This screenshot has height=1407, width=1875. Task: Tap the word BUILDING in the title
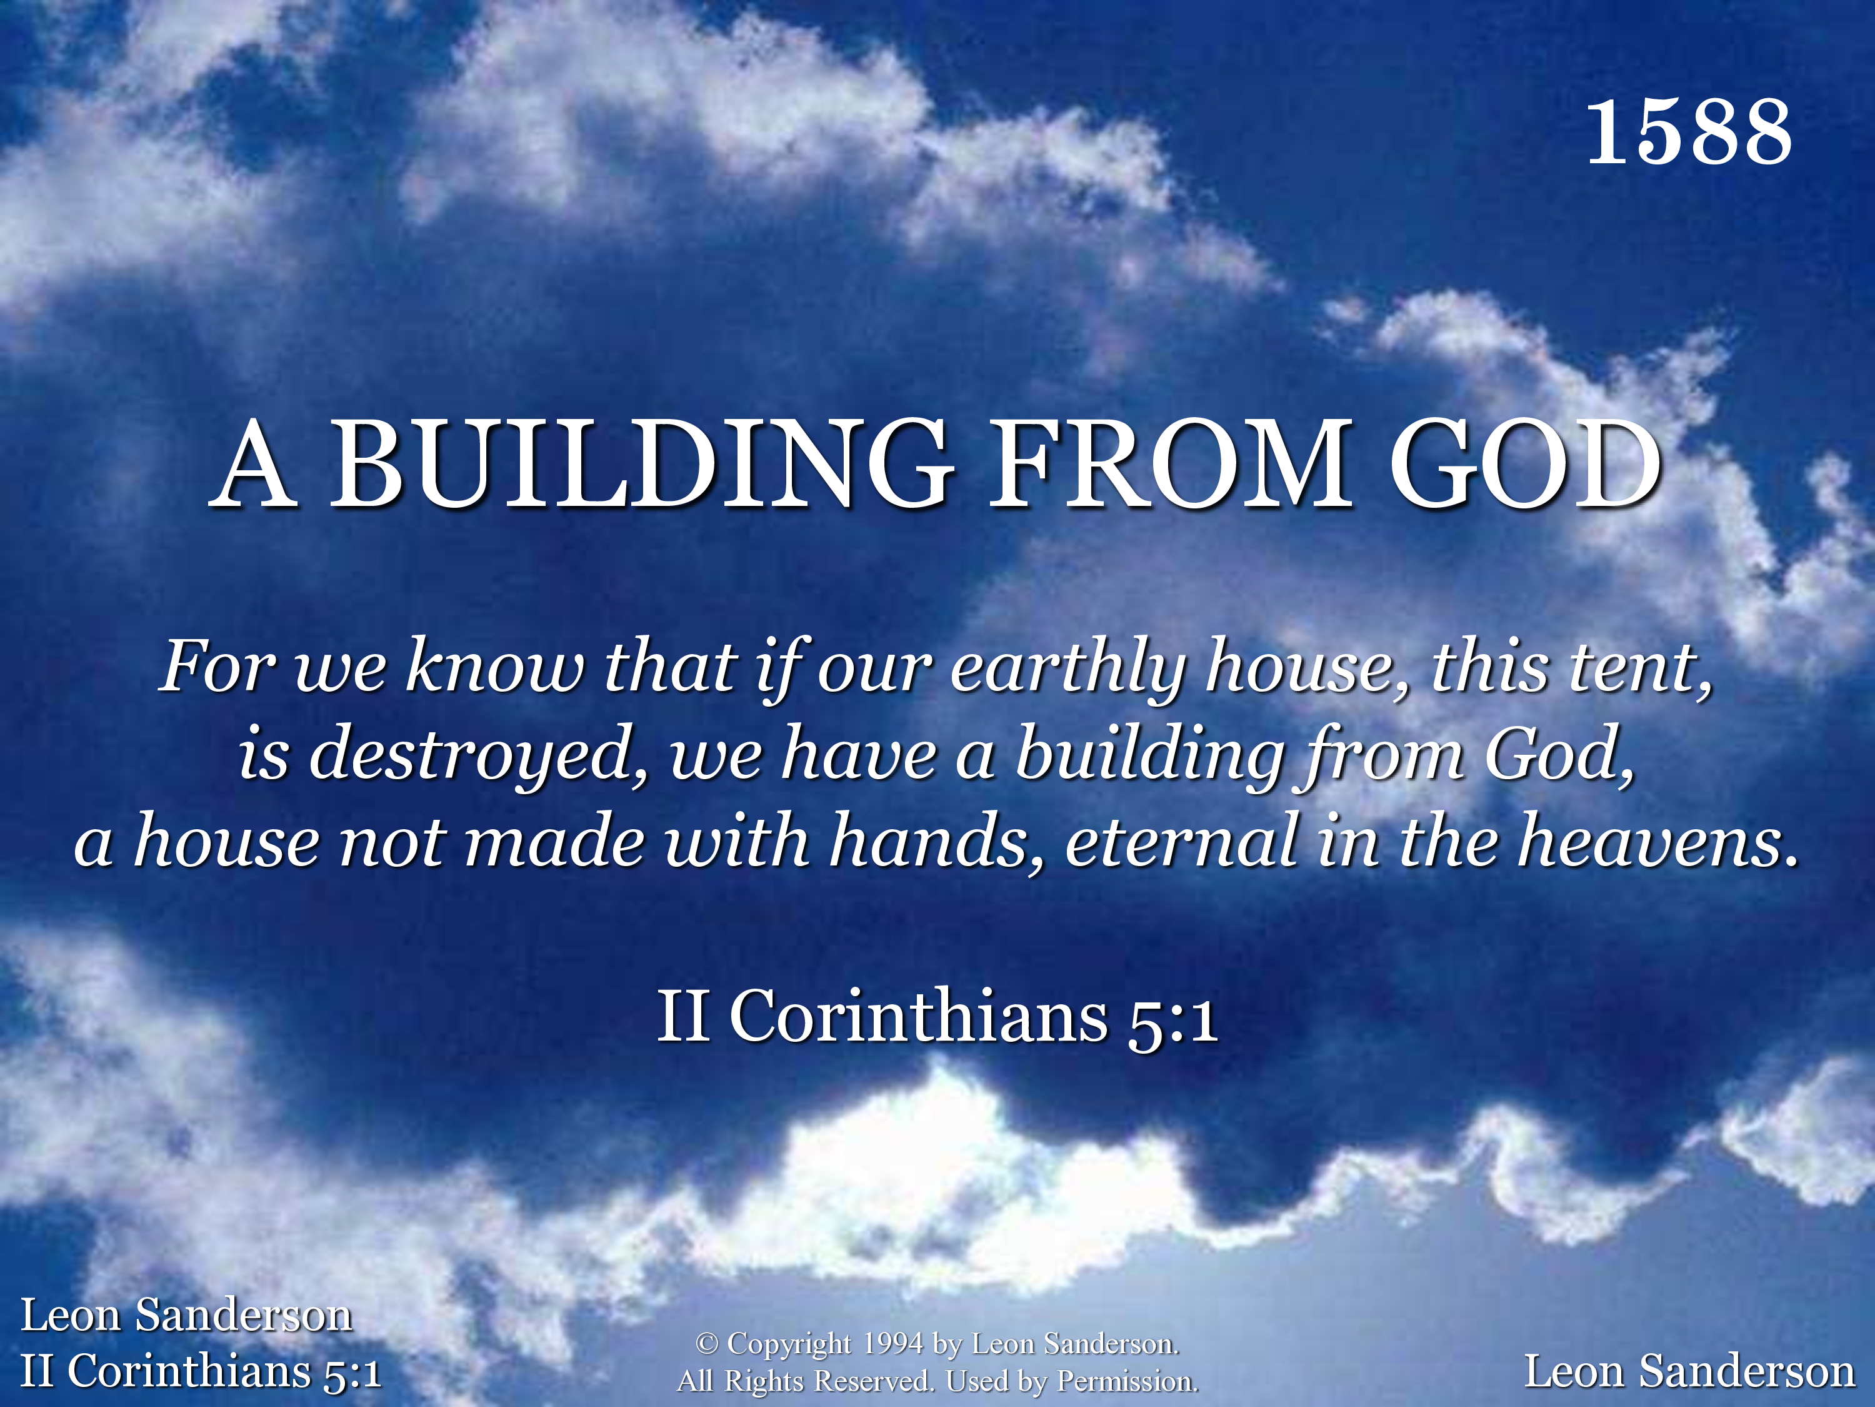[642, 464]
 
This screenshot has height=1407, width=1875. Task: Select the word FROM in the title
[1171, 464]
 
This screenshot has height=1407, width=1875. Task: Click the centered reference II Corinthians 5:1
[937, 1016]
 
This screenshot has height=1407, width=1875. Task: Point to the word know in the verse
[495, 667]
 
